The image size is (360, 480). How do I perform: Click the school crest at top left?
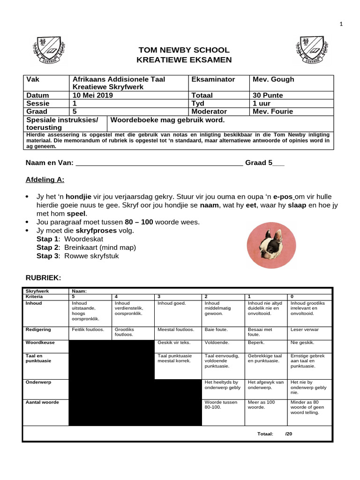coord(48,51)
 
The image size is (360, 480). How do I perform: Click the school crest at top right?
coord(311,51)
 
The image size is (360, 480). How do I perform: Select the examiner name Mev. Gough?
coord(273,79)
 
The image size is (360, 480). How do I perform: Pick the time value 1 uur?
coord(262,103)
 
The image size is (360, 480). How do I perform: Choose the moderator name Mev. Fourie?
coord(273,112)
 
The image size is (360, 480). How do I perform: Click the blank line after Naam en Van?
coord(159,163)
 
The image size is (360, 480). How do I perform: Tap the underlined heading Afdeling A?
coord(45,180)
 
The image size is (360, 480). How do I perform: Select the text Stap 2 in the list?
coord(48,247)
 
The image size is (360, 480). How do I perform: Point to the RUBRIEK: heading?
coord(43,277)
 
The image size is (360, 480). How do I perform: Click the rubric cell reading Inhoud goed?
coord(172,303)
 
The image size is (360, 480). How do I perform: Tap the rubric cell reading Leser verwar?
coord(305,330)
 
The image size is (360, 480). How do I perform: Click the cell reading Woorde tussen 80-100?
coord(221,405)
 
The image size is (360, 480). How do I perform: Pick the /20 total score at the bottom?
coord(288,434)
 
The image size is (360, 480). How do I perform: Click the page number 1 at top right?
coord(342,24)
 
